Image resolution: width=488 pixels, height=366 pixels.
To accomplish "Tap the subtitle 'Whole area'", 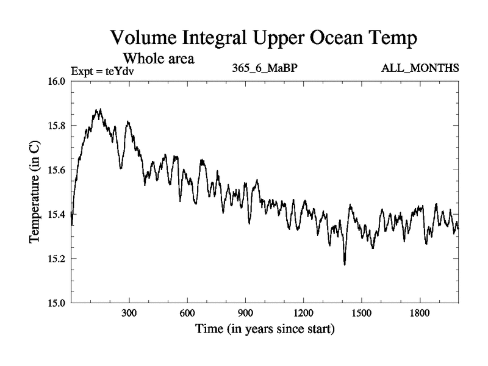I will click(x=159, y=59).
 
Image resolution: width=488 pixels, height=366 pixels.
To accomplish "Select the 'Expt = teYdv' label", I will click(x=102, y=70).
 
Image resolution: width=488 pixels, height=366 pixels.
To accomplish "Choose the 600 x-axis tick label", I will click(x=188, y=314).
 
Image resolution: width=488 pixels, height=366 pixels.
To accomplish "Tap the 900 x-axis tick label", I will click(x=246, y=314).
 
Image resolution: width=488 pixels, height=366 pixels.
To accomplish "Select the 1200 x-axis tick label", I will click(x=304, y=314).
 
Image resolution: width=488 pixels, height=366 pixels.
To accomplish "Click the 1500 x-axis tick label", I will click(x=362, y=314).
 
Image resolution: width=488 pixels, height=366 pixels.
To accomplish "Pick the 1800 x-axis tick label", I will click(x=420, y=314).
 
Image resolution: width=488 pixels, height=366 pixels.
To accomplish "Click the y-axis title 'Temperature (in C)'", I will click(x=35, y=192).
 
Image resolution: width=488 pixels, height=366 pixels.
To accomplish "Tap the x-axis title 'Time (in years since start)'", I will click(x=265, y=331).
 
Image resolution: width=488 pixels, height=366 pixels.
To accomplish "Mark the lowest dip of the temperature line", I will click(x=345, y=264).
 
